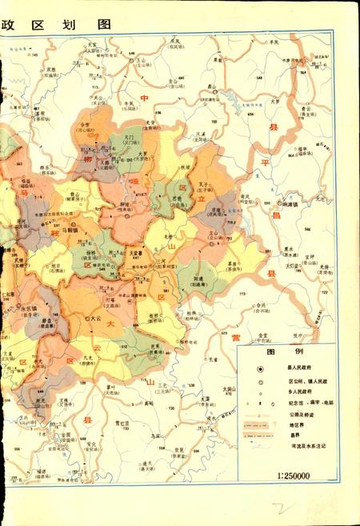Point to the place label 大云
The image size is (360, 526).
(x=96, y=319)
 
